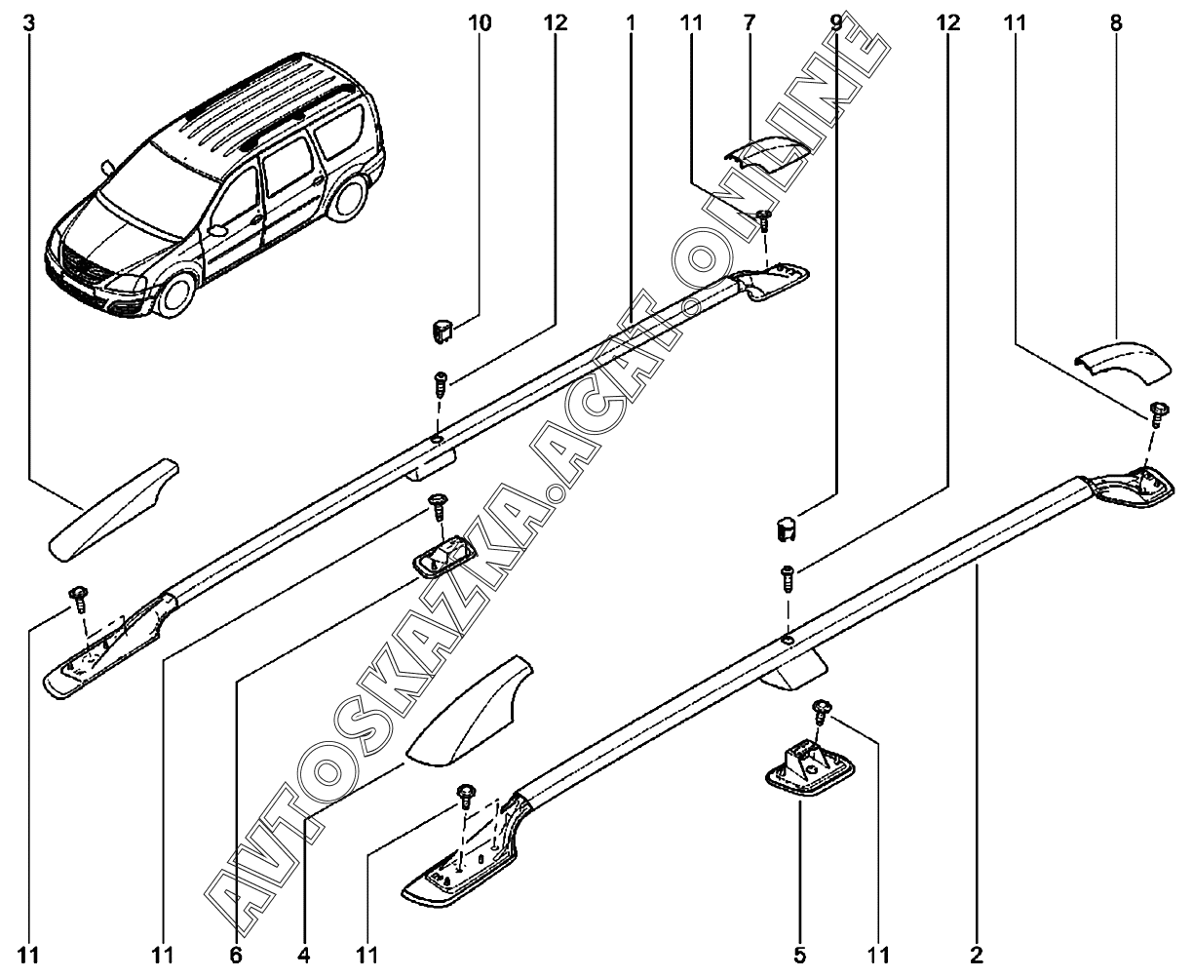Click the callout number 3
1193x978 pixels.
29,23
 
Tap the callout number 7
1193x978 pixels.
749,23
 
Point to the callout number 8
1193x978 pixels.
1115,23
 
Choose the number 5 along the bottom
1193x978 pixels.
798,956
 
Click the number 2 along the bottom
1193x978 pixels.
977,956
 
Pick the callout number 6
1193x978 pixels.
236,956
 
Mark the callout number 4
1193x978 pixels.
304,956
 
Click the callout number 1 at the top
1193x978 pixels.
631,23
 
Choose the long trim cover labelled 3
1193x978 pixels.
113,508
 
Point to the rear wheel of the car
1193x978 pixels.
348,198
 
